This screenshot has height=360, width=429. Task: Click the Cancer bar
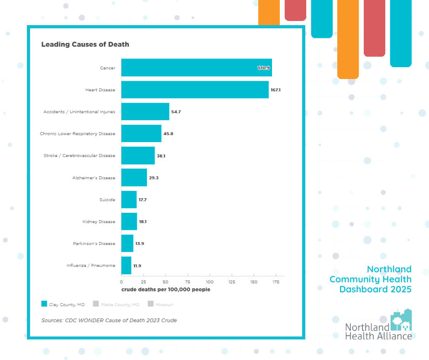coord(196,68)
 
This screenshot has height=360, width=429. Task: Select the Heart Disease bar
coord(195,90)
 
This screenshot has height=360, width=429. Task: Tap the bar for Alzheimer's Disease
coord(134,177)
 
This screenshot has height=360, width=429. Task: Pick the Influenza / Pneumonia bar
coord(126,265)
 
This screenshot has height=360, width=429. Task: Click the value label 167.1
coord(275,90)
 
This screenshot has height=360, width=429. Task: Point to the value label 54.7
coord(176,111)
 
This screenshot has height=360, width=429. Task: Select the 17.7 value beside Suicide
coord(142,200)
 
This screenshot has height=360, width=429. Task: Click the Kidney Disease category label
coord(99,222)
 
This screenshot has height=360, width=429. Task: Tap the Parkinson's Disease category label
coord(94,244)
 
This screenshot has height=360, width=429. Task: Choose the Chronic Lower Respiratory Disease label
coord(78,134)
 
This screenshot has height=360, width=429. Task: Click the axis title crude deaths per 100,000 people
coord(166,290)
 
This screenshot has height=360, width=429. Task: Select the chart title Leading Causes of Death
coord(85,44)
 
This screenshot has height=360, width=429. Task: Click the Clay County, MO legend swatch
coord(44,304)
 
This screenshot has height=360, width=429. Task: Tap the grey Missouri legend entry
coord(160,304)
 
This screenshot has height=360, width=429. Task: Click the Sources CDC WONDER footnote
coord(109,320)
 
